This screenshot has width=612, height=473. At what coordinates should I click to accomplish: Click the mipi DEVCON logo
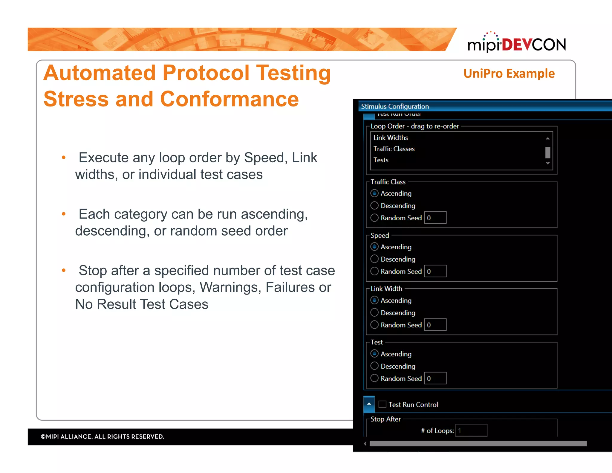point(516,43)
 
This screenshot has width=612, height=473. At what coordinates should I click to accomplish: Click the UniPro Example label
point(509,74)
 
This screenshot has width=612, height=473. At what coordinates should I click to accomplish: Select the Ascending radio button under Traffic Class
point(374,193)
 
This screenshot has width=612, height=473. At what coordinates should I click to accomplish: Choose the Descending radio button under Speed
point(374,259)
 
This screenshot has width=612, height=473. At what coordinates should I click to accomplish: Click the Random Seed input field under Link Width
point(435,325)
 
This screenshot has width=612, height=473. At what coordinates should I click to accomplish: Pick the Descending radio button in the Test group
point(374,366)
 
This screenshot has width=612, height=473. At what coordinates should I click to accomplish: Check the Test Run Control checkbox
point(382,404)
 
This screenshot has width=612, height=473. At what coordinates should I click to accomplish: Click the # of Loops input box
point(471,431)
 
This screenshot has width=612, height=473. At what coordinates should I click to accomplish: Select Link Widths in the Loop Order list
point(391,138)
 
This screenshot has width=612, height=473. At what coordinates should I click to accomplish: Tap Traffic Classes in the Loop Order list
point(394,149)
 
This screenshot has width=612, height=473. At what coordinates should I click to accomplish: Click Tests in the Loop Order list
point(381,160)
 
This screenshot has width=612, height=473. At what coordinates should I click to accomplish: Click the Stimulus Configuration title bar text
point(395,106)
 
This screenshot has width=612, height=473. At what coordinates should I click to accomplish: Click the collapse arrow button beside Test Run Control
point(369,404)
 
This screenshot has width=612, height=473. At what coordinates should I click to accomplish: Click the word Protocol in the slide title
point(206,73)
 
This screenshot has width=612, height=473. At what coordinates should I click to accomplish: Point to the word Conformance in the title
point(229,99)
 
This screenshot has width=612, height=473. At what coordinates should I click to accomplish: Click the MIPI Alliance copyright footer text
point(102,437)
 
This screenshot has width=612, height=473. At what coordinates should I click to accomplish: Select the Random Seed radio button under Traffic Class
point(374,218)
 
